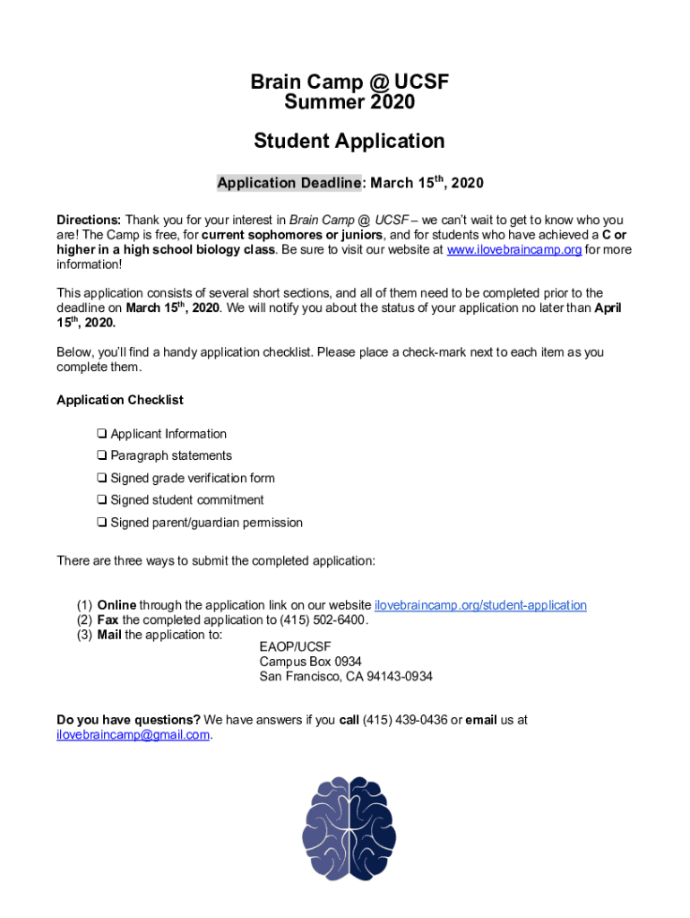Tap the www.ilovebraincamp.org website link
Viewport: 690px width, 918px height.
513,250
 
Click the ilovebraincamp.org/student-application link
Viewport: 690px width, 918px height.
480,605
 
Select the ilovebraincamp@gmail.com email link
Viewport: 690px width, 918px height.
134,734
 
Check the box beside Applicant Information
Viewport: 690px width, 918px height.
102,434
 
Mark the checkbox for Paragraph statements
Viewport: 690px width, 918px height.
102,456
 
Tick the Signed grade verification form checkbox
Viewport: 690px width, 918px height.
102,479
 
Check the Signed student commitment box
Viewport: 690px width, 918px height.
102,500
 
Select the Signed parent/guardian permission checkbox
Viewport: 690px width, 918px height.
102,523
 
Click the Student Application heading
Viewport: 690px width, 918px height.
349,141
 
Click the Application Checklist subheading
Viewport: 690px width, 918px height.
120,400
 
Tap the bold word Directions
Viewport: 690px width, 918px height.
89,220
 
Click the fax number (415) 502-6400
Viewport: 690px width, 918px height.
323,619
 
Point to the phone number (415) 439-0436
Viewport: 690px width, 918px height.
404,719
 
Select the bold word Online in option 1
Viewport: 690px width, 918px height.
116,605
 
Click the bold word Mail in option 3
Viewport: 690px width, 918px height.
109,634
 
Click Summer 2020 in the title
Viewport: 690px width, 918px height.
349,103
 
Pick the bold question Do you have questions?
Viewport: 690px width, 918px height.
128,719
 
